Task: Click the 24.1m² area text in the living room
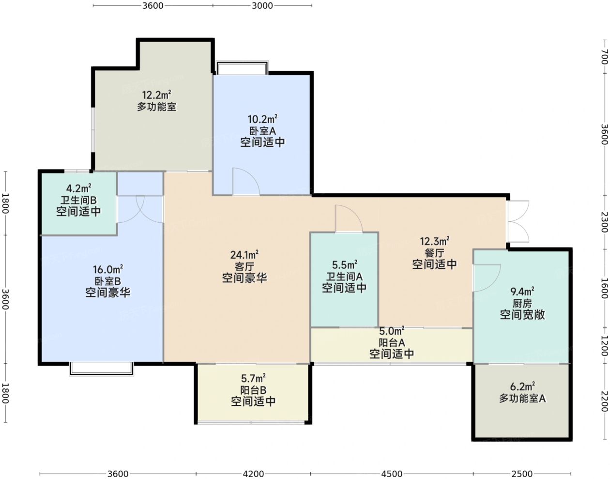[x=244, y=255]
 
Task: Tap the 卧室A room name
[x=262, y=131]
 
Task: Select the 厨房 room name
[x=522, y=304]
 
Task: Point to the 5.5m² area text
[x=344, y=265]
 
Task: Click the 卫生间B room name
[x=78, y=200]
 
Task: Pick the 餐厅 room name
[x=434, y=253]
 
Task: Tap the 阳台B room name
[x=253, y=390]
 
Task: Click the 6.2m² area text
[x=522, y=386]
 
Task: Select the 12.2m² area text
[x=156, y=95]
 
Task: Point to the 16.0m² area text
[x=108, y=270]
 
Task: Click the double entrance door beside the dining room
[x=518, y=221]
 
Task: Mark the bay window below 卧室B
[x=102, y=369]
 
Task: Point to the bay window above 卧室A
[x=243, y=68]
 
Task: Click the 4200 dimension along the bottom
[x=253, y=474]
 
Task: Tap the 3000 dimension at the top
[x=262, y=6]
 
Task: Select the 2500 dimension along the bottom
[x=522, y=474]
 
